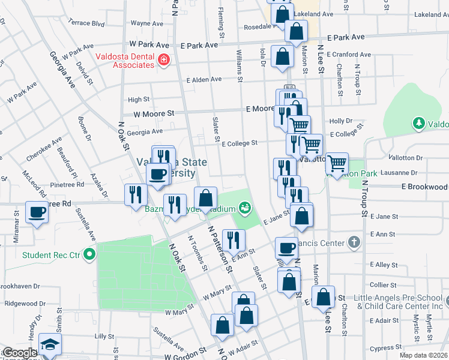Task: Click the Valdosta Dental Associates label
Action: point(125,61)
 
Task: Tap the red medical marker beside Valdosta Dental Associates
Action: point(163,60)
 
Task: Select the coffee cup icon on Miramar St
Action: point(37,212)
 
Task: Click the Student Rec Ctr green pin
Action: point(89,255)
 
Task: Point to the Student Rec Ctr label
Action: point(51,255)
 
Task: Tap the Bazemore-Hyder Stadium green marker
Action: point(244,208)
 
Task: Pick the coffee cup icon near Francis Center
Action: point(287,247)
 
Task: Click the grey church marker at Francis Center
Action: point(354,243)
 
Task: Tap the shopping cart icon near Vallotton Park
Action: point(337,162)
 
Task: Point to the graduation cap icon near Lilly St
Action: point(49,345)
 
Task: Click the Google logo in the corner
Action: point(19,353)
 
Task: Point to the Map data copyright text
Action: point(423,355)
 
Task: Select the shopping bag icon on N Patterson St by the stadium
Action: point(205,198)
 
